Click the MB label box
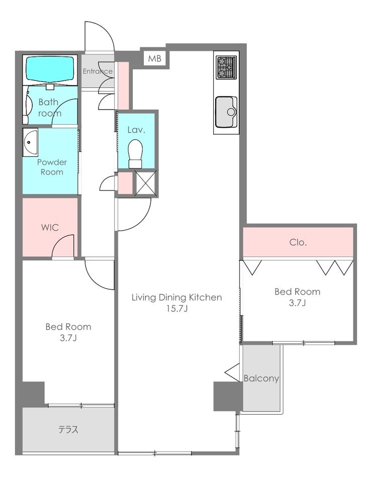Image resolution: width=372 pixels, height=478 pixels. [x=155, y=58]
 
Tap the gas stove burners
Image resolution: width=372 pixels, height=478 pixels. [x=226, y=67]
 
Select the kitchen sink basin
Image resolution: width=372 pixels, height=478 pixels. [x=226, y=112]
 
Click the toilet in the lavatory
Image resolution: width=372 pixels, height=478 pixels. [x=136, y=154]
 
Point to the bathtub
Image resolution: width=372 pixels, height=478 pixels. [x=50, y=69]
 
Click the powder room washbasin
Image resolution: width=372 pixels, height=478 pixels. [x=30, y=142]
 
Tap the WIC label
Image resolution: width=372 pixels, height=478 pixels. [x=50, y=227]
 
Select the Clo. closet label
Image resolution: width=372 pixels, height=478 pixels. [x=298, y=243]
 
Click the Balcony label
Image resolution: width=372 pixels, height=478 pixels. [x=261, y=378]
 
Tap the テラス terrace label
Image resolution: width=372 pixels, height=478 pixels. [x=68, y=430]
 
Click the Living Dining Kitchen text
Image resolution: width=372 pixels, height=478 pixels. [x=176, y=297]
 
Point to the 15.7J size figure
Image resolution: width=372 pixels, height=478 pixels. [x=176, y=309]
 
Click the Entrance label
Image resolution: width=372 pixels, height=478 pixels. [x=98, y=71]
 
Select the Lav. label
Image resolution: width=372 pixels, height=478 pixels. [x=136, y=130]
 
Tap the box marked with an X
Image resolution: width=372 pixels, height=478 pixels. [x=146, y=182]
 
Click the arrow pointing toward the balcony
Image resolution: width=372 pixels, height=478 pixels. [x=232, y=372]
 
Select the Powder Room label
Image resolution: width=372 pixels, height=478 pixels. [x=52, y=167]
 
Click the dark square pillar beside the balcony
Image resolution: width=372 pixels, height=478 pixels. [x=228, y=396]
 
